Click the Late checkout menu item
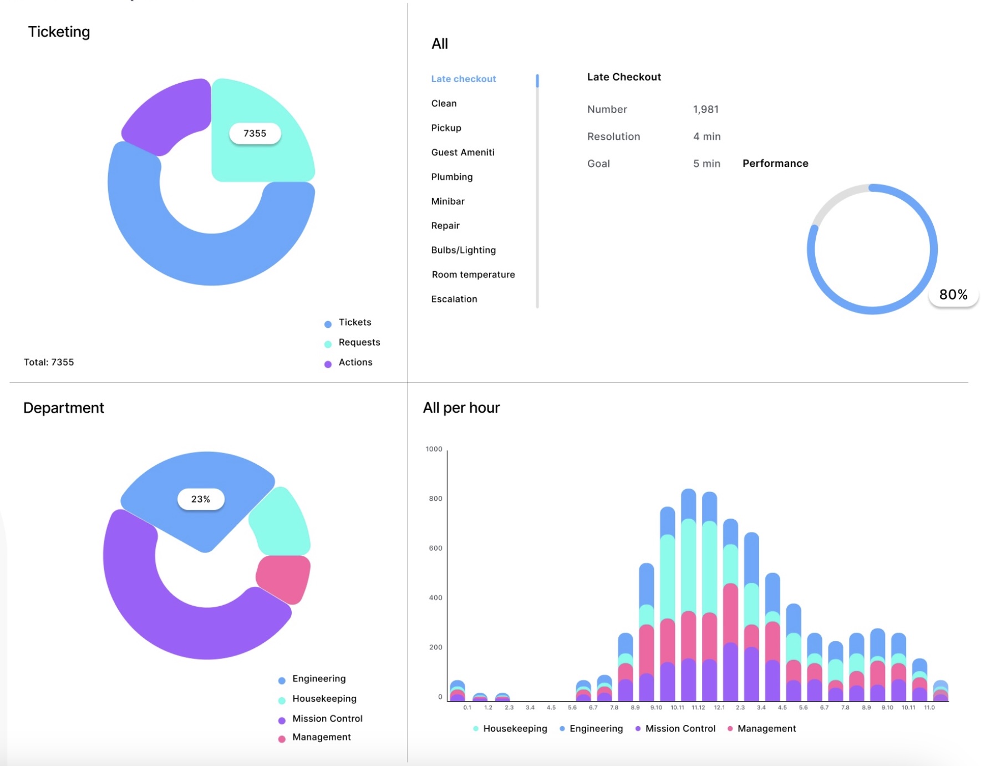pyautogui.click(x=463, y=79)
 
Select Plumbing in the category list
pyautogui.click(x=451, y=177)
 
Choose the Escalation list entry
pyautogui.click(x=454, y=299)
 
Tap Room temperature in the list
pyautogui.click(x=473, y=275)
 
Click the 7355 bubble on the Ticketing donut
pyautogui.click(x=255, y=134)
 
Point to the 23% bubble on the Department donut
pyautogui.click(x=201, y=499)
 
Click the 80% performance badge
pyautogui.click(x=953, y=295)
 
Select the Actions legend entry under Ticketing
pyautogui.click(x=355, y=362)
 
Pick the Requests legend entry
pyautogui.click(x=359, y=342)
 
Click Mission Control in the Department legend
pyautogui.click(x=327, y=718)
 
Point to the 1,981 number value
pyautogui.click(x=705, y=109)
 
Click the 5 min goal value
pyautogui.click(x=706, y=164)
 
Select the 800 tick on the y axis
pyautogui.click(x=435, y=499)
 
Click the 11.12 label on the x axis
pyautogui.click(x=698, y=708)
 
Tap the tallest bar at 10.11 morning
pyautogui.click(x=688, y=593)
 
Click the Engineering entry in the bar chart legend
pyautogui.click(x=596, y=729)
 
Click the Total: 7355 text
pyautogui.click(x=49, y=362)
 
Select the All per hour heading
pyautogui.click(x=461, y=408)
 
